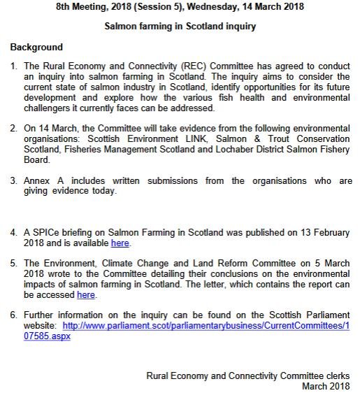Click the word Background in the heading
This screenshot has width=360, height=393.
coord(36,48)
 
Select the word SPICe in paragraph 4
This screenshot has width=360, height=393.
coord(49,232)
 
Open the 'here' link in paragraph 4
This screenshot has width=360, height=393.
coord(120,243)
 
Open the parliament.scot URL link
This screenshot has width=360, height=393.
coord(206,326)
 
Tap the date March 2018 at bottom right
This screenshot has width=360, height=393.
coord(326,385)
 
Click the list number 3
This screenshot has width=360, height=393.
coord(13,180)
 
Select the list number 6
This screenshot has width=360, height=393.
coord(13,315)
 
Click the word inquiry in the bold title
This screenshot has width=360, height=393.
coord(240,27)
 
